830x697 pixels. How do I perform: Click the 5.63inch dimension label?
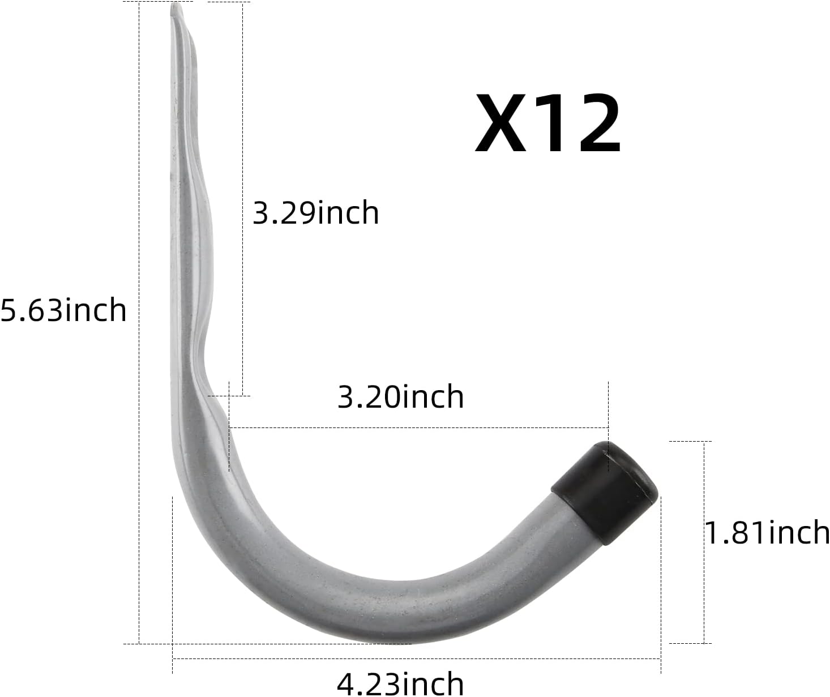coord(63,310)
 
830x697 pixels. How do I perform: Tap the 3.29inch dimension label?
coord(315,213)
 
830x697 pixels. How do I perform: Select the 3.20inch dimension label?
coord(400,396)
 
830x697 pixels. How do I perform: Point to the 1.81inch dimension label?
coord(767,533)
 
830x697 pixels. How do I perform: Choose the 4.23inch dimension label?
coord(400,683)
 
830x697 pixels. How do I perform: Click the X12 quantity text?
coord(547,124)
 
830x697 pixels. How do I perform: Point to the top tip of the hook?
coord(176,8)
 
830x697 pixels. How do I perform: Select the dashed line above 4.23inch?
coord(416,658)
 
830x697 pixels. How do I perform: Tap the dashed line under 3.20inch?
coord(419,427)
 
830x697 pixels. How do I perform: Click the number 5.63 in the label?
coord(31,310)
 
